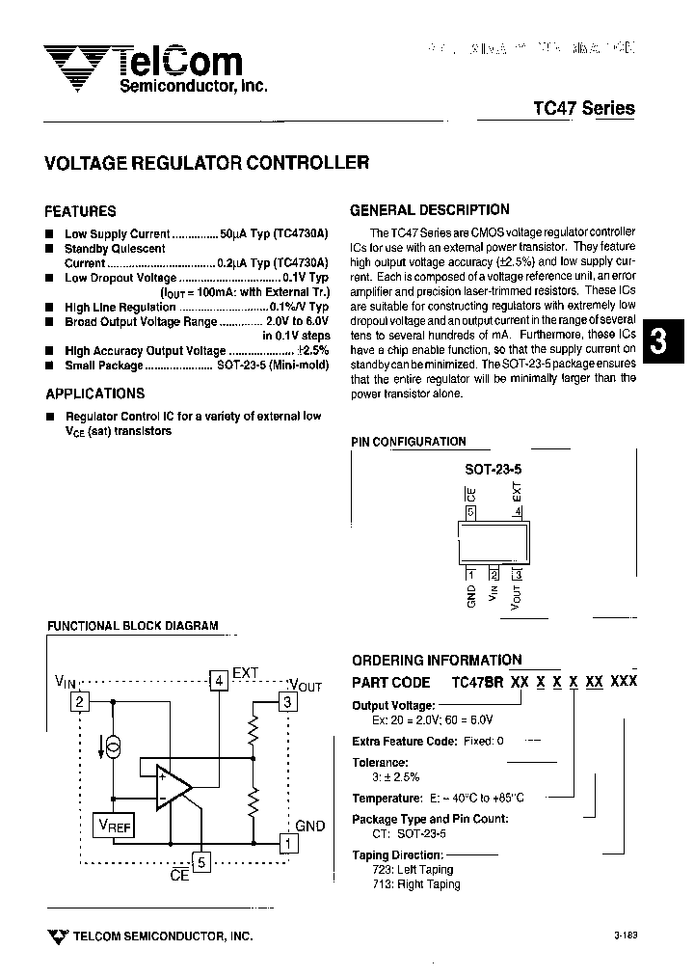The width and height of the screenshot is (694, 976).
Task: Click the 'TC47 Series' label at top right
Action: click(x=584, y=108)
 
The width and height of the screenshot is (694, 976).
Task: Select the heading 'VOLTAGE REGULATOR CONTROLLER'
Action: click(x=207, y=163)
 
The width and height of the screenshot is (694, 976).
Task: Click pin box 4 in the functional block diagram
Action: click(x=220, y=680)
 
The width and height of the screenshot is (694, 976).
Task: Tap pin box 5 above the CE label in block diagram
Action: click(x=201, y=862)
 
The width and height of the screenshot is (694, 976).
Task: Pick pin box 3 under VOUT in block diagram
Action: click(x=286, y=702)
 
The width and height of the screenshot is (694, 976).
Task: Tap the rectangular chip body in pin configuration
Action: click(x=493, y=544)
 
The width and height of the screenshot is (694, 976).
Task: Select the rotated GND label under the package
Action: click(x=471, y=595)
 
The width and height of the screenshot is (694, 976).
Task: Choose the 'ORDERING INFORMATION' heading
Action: click(x=437, y=661)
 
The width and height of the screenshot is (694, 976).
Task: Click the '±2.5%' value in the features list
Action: click(x=312, y=351)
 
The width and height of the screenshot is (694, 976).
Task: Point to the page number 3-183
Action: click(x=625, y=935)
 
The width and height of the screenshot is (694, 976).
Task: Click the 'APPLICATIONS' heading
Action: click(x=95, y=393)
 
